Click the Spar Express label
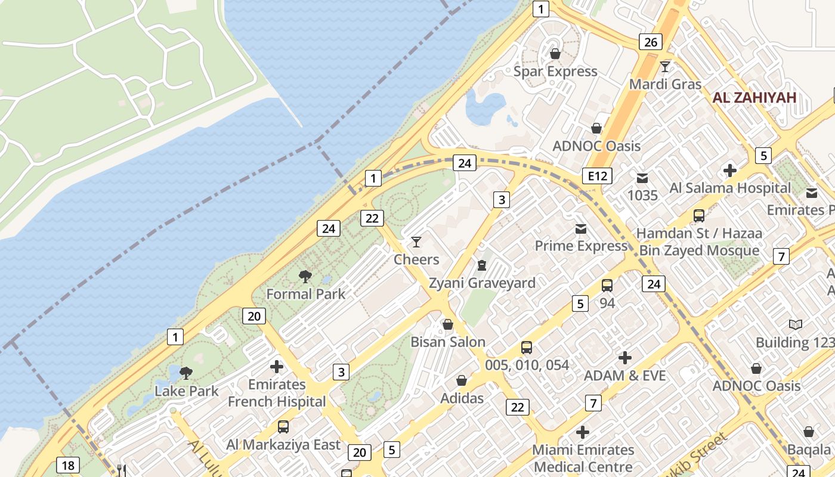555,72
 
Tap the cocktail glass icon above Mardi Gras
665,66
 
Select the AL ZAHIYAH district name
754,98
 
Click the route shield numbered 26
650,42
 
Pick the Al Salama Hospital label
729,188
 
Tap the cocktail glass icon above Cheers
416,241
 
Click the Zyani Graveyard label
482,283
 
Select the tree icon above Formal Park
305,276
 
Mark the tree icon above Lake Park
186,373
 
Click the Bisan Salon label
447,342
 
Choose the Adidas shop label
462,398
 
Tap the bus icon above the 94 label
607,286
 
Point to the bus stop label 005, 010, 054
527,365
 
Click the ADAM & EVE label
624,376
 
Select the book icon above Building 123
796,324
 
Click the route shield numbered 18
68,465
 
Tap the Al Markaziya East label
283,445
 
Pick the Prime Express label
581,246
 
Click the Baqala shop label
809,449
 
